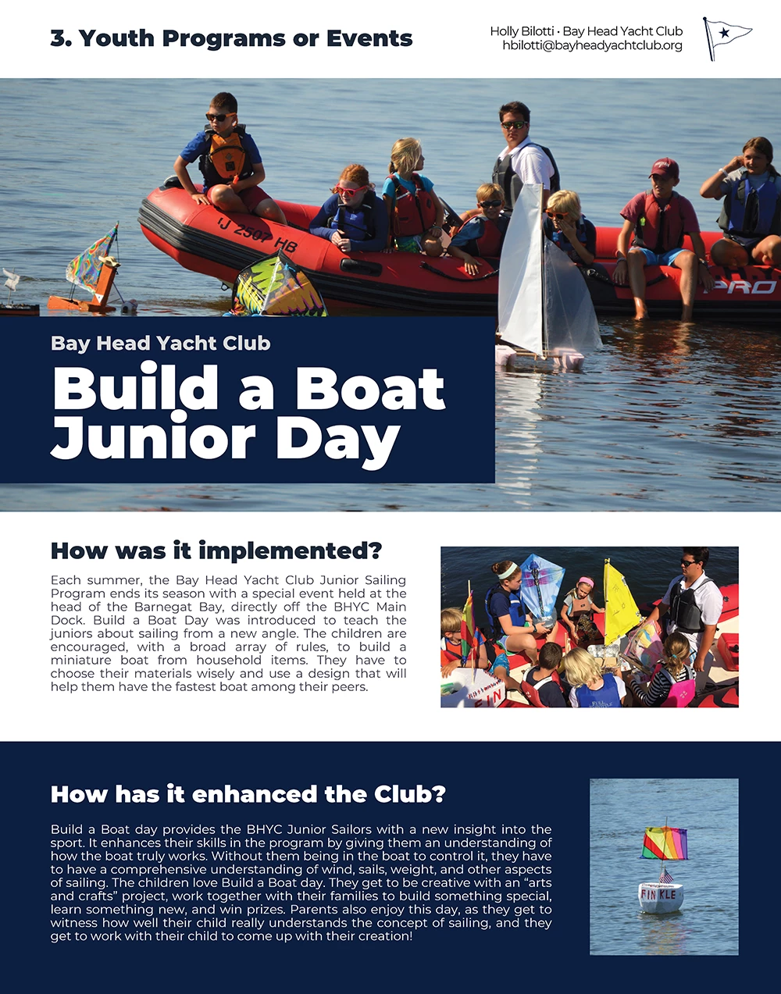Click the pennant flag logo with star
(726, 37)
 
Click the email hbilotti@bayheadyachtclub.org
(592, 46)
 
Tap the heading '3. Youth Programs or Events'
(231, 38)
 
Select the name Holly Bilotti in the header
(522, 31)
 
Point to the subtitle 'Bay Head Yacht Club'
(161, 344)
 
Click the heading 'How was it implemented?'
(216, 551)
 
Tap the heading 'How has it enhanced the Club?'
(248, 795)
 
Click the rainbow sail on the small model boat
(664, 843)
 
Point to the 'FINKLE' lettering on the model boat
(659, 894)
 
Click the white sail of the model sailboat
(522, 273)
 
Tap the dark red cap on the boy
(664, 166)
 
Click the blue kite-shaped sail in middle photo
(541, 586)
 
